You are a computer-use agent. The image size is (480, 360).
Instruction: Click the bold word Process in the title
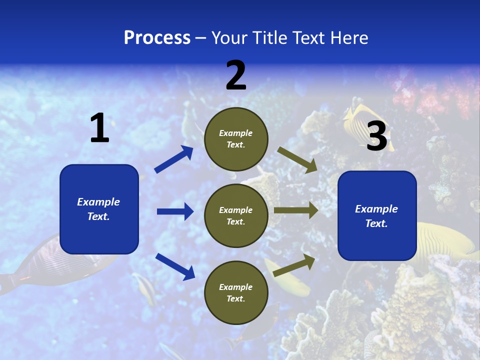(157, 38)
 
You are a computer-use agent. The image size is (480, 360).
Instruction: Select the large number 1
(99, 129)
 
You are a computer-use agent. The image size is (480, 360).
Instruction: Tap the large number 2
(236, 76)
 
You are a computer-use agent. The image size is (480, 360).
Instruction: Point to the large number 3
(377, 136)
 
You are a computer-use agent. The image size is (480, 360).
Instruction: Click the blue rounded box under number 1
(99, 209)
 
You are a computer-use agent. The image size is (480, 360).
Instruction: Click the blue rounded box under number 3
(377, 216)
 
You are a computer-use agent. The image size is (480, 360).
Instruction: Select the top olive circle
(236, 138)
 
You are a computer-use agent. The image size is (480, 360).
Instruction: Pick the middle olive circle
(236, 215)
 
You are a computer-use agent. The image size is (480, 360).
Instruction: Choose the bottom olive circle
(236, 292)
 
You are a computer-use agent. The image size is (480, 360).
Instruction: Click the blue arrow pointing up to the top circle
(173, 159)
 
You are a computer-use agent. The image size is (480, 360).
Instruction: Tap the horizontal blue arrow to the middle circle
(175, 211)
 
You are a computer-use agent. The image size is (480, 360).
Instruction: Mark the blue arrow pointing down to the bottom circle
(175, 266)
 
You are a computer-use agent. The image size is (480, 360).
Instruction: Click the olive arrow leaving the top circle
(297, 159)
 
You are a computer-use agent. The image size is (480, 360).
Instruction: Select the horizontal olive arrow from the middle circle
(296, 210)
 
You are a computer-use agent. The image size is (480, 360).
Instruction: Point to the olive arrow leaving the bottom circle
(294, 265)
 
